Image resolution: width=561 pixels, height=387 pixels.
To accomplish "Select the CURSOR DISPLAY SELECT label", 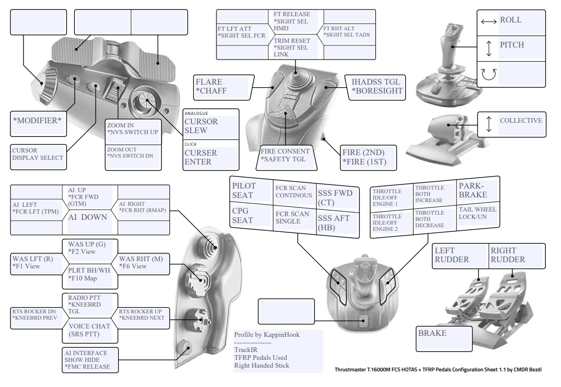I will (x=37, y=154).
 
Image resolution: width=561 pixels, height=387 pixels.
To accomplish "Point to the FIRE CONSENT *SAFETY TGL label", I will (x=285, y=155).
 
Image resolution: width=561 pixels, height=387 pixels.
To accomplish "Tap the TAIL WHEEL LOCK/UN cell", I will (x=476, y=214).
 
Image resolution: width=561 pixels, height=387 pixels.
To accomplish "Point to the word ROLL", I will (x=511, y=20).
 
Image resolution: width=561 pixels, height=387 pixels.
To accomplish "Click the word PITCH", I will (x=512, y=45).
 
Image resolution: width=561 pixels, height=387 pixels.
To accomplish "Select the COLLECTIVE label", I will (x=521, y=121).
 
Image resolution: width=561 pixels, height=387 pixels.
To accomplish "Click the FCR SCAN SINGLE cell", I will (x=292, y=217).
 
